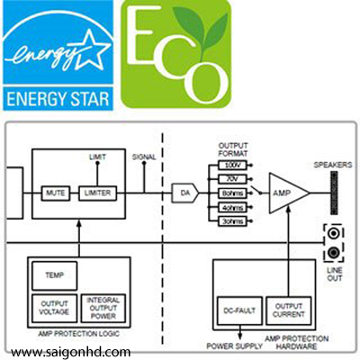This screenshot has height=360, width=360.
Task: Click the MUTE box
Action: (56, 193)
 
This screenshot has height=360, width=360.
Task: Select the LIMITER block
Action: (97, 193)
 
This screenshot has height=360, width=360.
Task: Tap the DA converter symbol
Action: (185, 193)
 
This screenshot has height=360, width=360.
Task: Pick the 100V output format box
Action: (232, 165)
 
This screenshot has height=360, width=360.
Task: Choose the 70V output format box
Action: (232, 179)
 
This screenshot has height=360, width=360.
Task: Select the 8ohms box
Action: (232, 193)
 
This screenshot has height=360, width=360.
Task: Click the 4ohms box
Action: (232, 207)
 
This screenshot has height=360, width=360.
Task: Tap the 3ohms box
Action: (232, 221)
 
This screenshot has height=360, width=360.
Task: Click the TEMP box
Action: (54, 275)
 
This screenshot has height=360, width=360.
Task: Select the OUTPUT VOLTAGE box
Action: (54, 309)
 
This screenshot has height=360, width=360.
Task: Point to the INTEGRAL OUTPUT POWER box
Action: (103, 309)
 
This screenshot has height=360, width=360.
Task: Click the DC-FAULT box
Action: (239, 310)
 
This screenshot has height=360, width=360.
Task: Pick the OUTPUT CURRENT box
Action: (289, 310)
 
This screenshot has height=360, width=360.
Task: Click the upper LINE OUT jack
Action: (334, 233)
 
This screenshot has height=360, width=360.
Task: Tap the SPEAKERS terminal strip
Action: (334, 193)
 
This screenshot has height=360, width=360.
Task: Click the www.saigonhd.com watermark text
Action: (71, 352)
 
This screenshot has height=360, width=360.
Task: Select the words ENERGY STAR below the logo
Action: (58, 99)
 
